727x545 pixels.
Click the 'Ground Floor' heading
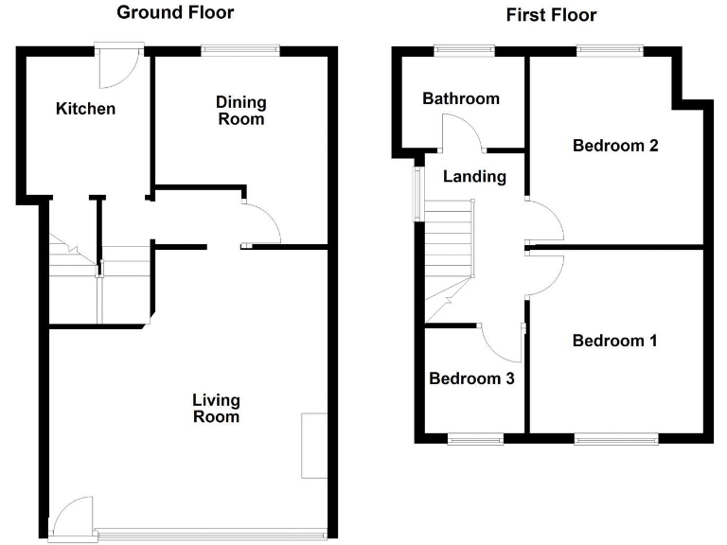point(175,12)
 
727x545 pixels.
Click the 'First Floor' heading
point(551,14)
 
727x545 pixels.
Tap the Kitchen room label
point(85,109)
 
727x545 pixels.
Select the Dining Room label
point(240,111)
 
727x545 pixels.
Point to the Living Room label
point(216,408)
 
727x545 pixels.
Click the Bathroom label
point(461,98)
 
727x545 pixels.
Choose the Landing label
point(474,176)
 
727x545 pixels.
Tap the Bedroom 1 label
point(614,341)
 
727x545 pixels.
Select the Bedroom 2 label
point(615,146)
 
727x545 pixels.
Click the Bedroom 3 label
point(471,378)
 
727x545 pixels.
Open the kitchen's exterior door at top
point(118,64)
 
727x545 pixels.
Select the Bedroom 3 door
point(501,342)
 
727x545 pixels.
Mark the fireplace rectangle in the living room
point(313,446)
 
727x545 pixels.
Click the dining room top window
point(240,50)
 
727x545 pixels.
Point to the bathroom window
point(464,50)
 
